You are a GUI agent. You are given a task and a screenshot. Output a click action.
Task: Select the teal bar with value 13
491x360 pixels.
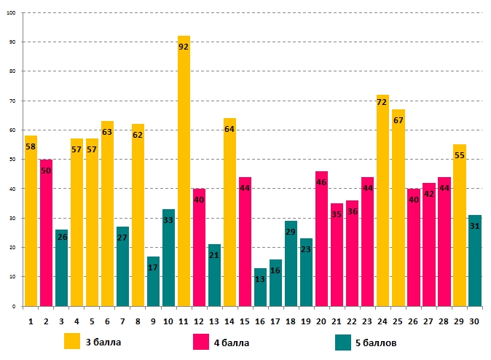[260, 287]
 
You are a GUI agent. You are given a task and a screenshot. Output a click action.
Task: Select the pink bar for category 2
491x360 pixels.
[46, 233]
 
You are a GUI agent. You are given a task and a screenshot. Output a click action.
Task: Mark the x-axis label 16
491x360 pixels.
[260, 320]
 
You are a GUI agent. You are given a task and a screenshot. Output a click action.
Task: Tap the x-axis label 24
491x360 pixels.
[382, 320]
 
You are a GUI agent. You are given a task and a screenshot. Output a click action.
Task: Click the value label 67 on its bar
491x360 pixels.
[398, 120]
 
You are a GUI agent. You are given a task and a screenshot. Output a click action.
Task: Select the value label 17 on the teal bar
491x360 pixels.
[153, 267]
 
